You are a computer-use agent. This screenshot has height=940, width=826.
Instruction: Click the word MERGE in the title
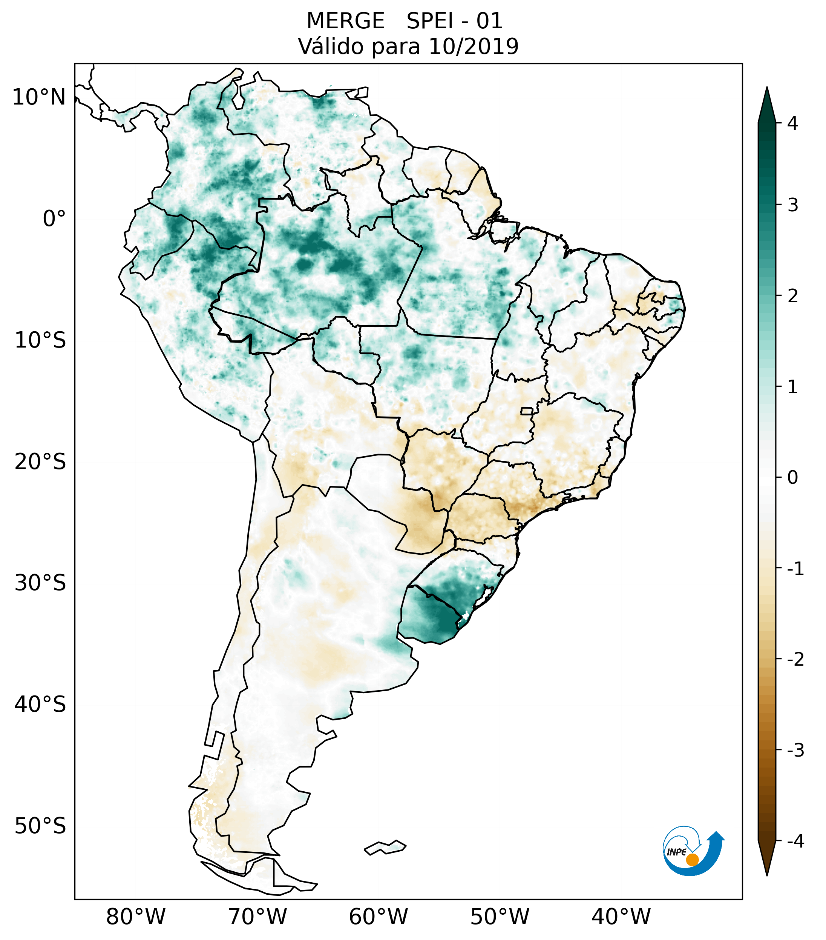click(x=345, y=21)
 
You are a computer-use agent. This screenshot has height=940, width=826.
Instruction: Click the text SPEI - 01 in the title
click(x=455, y=21)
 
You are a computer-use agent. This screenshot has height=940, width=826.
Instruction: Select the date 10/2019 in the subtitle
click(x=473, y=46)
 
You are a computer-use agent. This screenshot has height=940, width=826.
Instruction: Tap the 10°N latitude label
click(x=39, y=97)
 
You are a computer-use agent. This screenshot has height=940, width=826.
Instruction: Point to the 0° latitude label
click(x=54, y=218)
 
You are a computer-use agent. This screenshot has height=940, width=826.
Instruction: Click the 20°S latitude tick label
click(x=40, y=462)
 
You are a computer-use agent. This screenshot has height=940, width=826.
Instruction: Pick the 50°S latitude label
click(x=40, y=826)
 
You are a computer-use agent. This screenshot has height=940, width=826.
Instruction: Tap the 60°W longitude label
click(x=378, y=917)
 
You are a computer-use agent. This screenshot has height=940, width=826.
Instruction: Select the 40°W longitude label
click(x=621, y=917)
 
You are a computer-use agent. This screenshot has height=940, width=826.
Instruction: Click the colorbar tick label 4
click(x=792, y=123)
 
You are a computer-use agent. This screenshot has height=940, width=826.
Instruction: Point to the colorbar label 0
click(x=792, y=477)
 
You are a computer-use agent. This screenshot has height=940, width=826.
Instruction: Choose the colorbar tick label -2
click(x=795, y=660)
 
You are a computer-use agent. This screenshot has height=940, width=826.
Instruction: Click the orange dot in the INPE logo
click(x=692, y=860)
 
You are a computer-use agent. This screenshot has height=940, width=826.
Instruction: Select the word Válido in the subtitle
click(x=332, y=46)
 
